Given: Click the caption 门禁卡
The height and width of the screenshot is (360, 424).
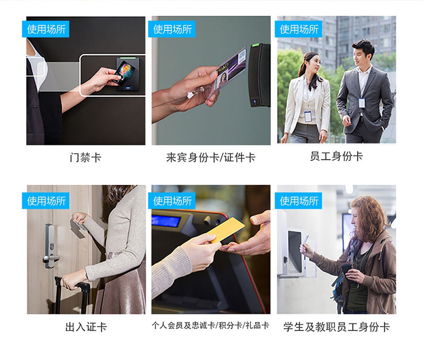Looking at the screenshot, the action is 85,157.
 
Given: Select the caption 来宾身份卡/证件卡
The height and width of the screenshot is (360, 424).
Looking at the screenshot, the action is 211,157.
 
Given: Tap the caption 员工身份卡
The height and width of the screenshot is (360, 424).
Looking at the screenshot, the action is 337,156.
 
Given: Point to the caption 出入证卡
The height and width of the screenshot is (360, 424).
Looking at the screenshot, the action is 86,327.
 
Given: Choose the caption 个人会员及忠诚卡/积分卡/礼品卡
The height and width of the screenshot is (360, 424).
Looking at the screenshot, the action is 210,326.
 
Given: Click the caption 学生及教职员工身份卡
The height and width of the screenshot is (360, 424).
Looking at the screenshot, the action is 337,327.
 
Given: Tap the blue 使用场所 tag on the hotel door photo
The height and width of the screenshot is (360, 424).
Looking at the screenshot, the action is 46,201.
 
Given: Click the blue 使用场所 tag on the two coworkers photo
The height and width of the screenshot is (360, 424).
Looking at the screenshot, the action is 298,29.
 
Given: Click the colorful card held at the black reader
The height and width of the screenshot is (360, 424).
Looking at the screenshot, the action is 124,71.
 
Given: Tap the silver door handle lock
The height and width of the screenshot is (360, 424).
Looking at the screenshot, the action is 50,246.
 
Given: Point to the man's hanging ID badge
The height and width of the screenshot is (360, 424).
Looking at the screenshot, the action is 362,102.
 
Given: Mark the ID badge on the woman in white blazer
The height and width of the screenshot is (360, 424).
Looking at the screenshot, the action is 308,116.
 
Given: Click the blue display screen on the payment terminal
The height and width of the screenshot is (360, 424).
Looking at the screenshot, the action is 166,221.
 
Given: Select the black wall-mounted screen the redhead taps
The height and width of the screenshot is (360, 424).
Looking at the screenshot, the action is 295,251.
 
